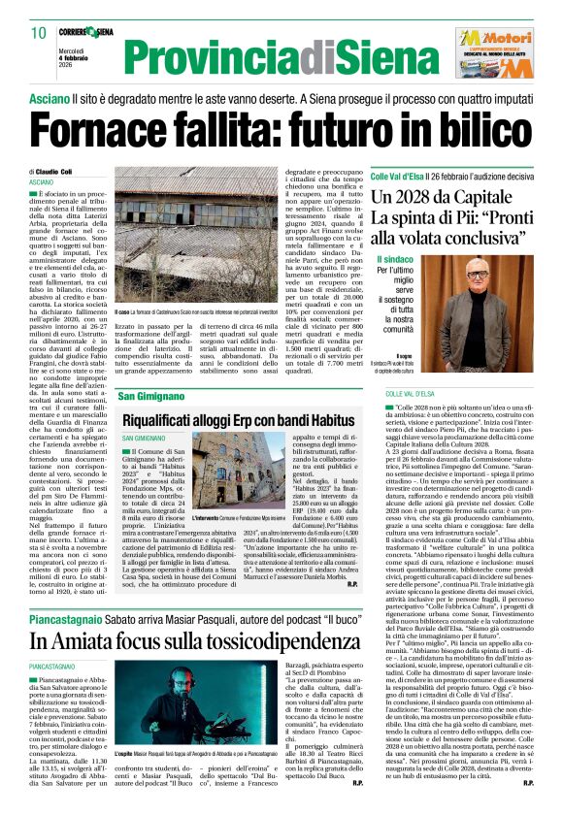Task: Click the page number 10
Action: click(38, 33)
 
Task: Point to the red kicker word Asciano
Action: click(48, 99)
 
